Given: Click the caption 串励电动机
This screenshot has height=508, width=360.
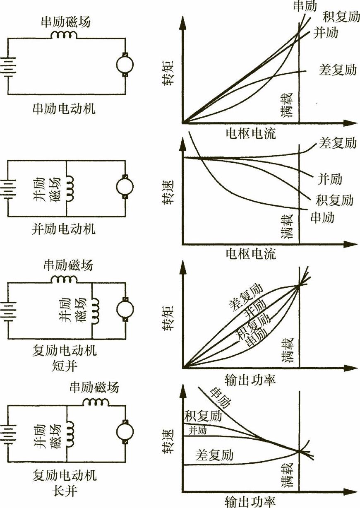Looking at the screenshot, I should click(64, 109).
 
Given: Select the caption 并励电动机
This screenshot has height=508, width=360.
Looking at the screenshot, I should click(64, 228).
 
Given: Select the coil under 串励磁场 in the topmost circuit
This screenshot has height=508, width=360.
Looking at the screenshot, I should click(64, 35).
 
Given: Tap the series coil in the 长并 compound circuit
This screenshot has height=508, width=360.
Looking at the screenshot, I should click(96, 402).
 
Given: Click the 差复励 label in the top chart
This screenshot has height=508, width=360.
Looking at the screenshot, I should click(338, 69).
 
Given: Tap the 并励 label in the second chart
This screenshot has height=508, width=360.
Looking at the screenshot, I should click(329, 179).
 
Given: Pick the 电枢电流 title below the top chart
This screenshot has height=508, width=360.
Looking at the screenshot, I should click(250, 133).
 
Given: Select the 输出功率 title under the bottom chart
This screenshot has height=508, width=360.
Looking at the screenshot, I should click(250, 502).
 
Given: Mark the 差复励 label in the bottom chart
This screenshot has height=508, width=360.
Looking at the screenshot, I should click(214, 455).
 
